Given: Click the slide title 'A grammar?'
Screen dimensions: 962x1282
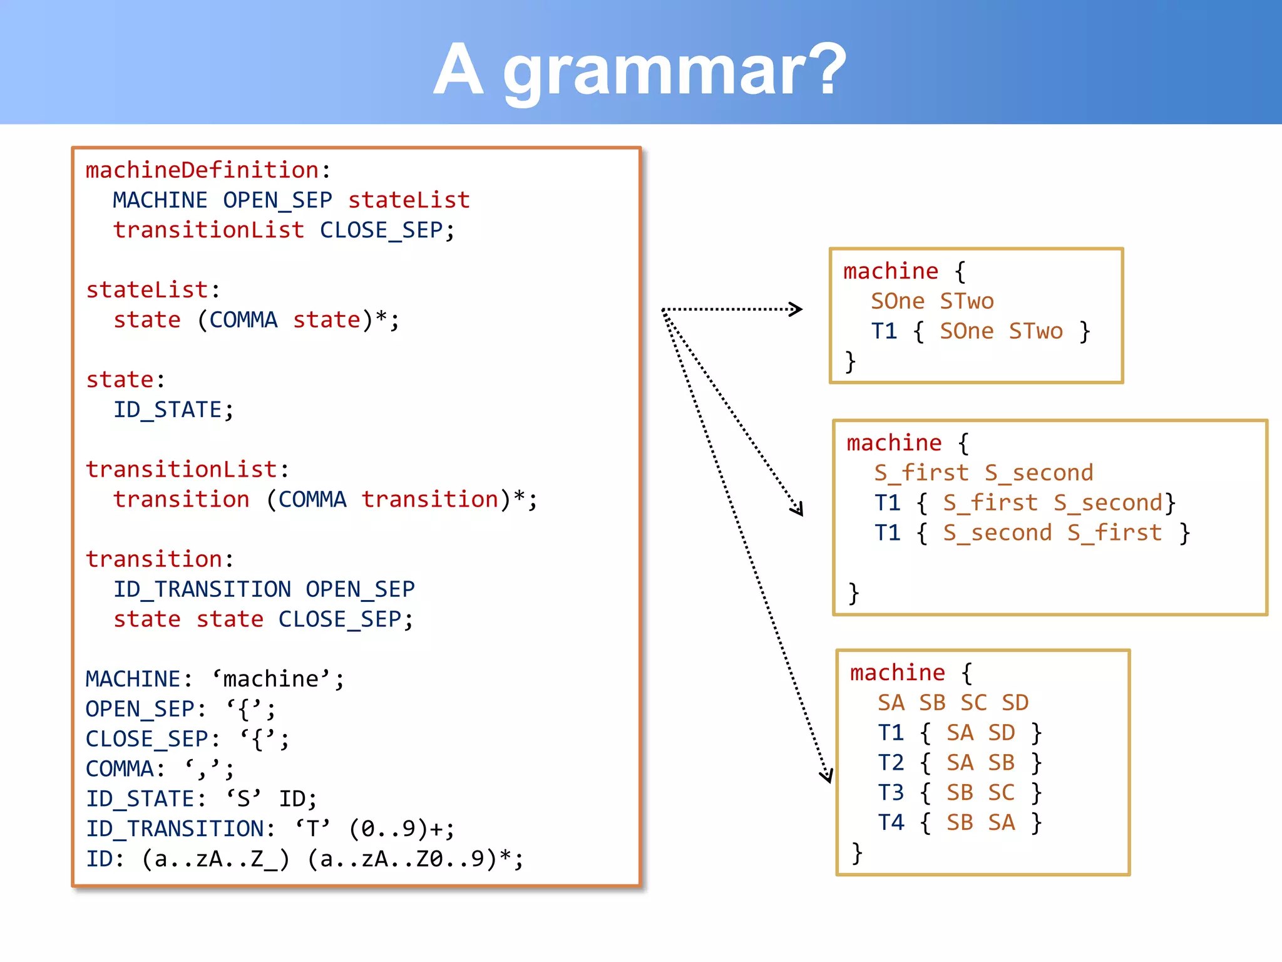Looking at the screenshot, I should click(x=640, y=69).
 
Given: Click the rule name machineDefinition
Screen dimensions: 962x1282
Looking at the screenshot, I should click(x=202, y=170).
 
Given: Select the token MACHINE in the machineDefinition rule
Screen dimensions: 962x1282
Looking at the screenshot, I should click(x=160, y=200).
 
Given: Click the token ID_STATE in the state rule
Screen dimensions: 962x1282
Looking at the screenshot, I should click(x=167, y=410).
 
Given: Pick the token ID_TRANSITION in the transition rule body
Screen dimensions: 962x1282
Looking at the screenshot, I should click(x=202, y=589).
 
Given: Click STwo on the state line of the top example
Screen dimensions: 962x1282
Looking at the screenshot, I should click(x=967, y=301).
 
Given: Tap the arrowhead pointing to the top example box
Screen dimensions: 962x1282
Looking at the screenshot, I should click(x=797, y=309).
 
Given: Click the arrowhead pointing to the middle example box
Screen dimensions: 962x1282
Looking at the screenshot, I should click(x=797, y=509).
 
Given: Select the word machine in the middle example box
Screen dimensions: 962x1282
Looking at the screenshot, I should click(x=894, y=443).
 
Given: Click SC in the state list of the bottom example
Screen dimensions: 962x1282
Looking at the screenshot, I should click(x=973, y=703).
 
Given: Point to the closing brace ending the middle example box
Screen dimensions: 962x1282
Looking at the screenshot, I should click(x=853, y=592).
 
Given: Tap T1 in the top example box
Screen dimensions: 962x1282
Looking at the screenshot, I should click(x=884, y=331).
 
